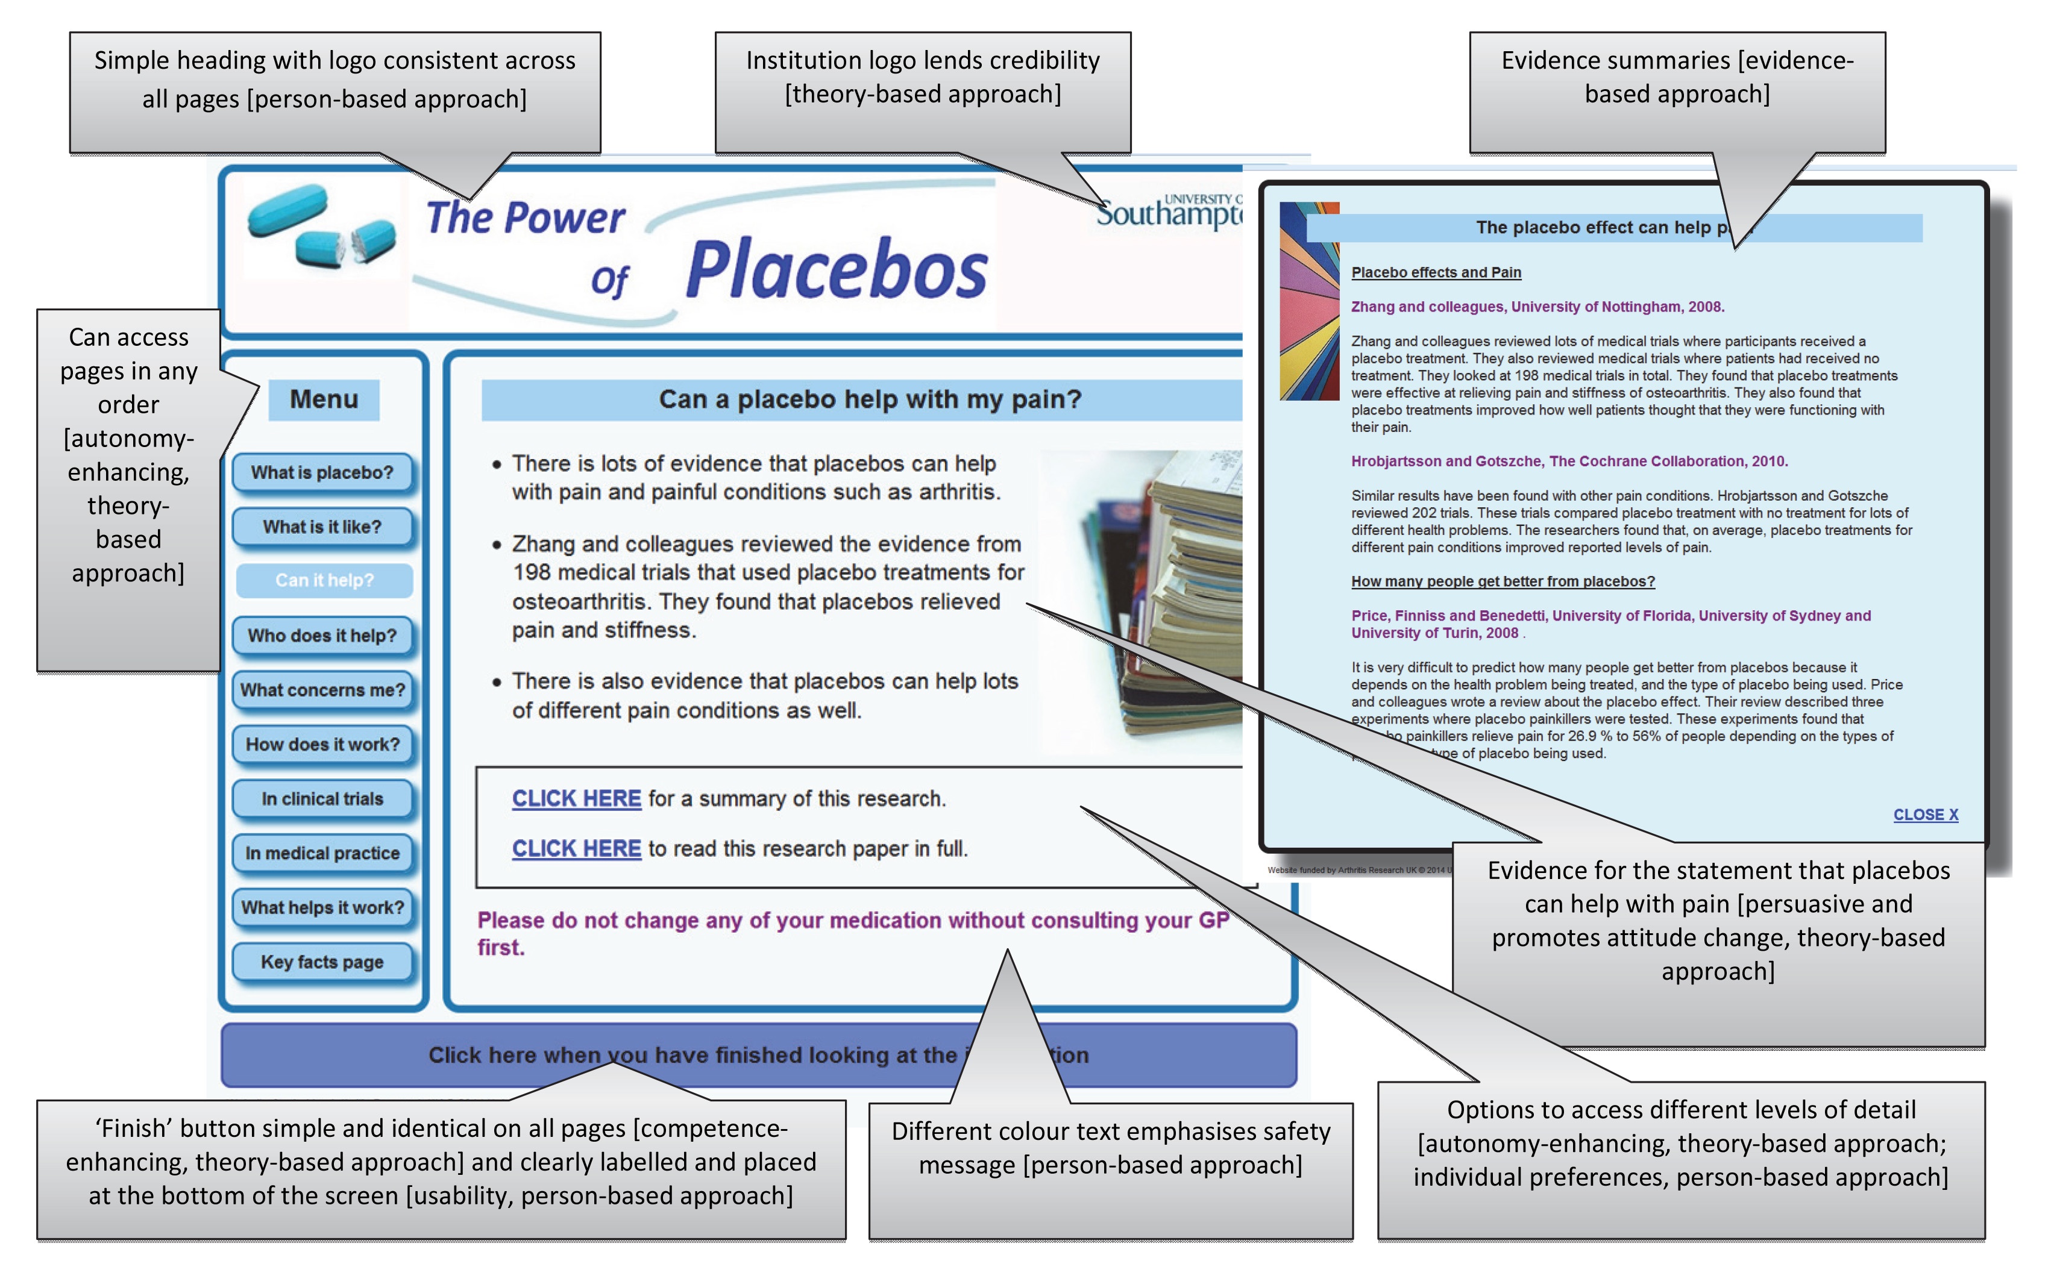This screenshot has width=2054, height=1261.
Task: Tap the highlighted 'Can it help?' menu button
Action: click(x=324, y=580)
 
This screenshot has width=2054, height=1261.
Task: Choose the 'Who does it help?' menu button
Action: click(x=322, y=636)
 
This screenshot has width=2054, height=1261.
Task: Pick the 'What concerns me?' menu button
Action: click(x=322, y=690)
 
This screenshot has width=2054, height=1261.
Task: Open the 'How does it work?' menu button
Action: click(x=322, y=744)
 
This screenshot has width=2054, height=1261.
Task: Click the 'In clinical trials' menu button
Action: click(x=322, y=799)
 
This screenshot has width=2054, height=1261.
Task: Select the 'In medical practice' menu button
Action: click(x=322, y=853)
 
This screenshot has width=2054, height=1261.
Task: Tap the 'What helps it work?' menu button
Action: click(x=322, y=907)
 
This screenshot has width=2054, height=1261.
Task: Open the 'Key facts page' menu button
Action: click(x=322, y=962)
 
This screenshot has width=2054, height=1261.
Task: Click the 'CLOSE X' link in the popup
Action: click(x=1924, y=815)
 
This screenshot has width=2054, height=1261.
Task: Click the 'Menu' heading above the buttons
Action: click(x=324, y=399)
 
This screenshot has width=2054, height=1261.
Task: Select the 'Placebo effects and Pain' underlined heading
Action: click(x=1436, y=273)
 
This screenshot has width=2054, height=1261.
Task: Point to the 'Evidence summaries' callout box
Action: click(x=1677, y=77)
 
